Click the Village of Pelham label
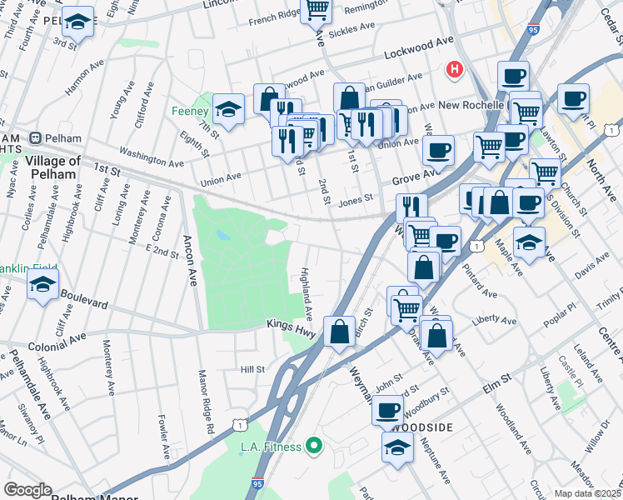(x=52, y=167)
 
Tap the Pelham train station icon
(x=36, y=137)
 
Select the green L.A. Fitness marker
(x=314, y=447)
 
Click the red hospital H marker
(x=454, y=69)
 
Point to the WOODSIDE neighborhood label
(x=421, y=427)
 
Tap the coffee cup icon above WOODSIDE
(x=387, y=409)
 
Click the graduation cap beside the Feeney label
(x=227, y=108)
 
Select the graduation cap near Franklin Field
(x=42, y=285)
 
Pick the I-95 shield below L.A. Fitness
(x=258, y=482)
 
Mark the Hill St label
(x=252, y=369)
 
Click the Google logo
(x=27, y=490)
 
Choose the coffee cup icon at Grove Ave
(x=437, y=151)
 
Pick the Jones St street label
(x=355, y=201)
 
